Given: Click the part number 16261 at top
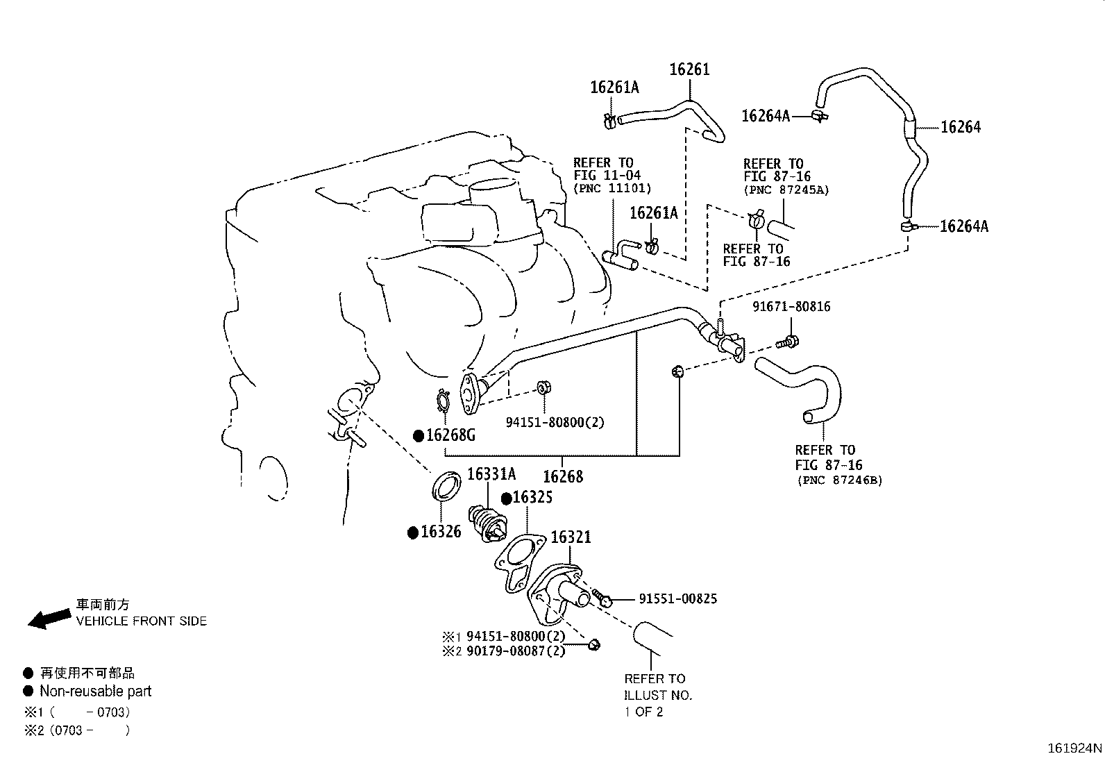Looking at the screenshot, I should coord(689,69).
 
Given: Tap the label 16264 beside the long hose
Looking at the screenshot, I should coord(961,127).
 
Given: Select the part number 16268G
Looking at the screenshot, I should coord(450,435).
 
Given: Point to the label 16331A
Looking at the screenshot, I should coord(491,474).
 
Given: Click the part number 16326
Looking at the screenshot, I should coord(441,532).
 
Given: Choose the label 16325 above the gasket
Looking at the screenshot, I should coord(532,497).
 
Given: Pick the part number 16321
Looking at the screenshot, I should coord(571,537).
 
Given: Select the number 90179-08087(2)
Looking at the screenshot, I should coord(516,651).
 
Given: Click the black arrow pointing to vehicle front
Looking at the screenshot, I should coord(49,619).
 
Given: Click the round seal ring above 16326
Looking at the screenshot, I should coord(446,485).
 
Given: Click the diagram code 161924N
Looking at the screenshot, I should coord(1074,748).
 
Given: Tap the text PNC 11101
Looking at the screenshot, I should coord(612,189).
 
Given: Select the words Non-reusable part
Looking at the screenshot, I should coord(95,691).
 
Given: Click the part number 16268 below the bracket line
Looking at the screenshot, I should coord(563,476).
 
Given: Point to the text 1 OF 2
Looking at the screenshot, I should coord(643,712).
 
